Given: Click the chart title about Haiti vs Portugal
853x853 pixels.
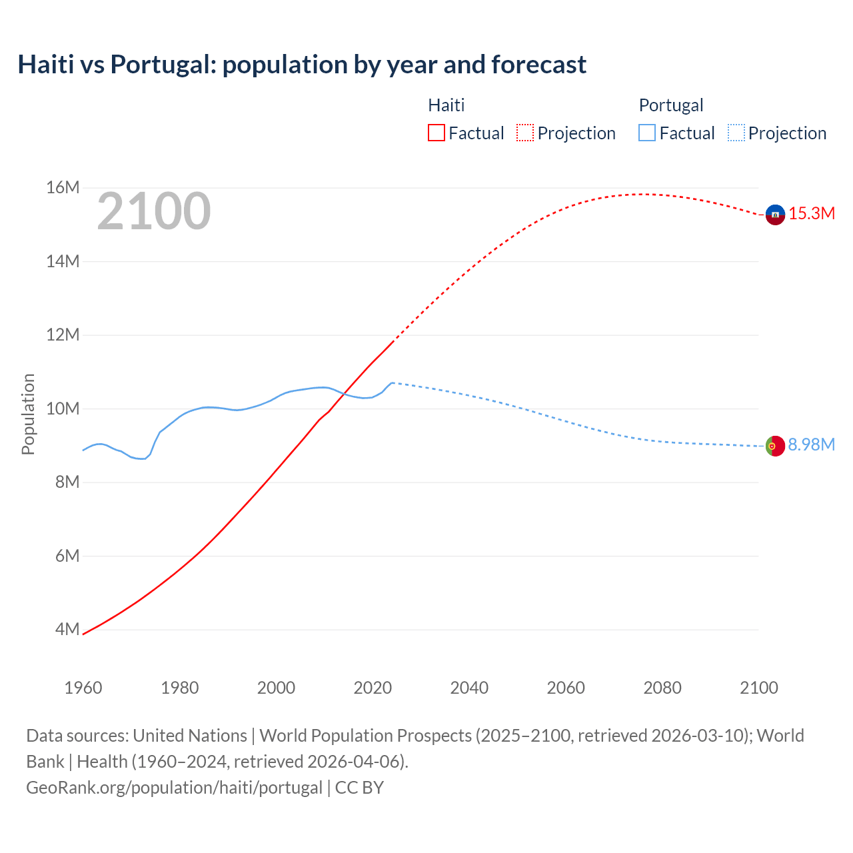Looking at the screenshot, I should [302, 65].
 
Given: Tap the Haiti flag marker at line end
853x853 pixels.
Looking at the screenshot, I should [775, 215].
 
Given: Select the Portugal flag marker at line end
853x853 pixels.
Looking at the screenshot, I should [775, 446].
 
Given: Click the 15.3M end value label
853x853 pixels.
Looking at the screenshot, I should [812, 214].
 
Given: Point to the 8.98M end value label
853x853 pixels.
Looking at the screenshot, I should [812, 445].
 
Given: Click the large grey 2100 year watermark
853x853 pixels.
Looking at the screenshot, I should [154, 211].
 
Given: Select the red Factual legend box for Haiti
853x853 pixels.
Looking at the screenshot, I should [436, 133].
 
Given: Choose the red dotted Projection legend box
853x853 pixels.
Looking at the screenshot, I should [525, 133].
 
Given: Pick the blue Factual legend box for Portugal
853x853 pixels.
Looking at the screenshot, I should [647, 133].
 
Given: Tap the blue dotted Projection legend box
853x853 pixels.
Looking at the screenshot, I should [736, 133].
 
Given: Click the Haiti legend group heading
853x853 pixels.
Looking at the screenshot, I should [446, 105].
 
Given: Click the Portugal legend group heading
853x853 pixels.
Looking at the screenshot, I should [671, 105].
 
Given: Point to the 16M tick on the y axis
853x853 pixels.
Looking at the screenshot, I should [63, 188].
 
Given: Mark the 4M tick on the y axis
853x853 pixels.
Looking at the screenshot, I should [67, 629].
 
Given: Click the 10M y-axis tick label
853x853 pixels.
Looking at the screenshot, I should [63, 409].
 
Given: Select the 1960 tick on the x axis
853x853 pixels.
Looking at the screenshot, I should [83, 688].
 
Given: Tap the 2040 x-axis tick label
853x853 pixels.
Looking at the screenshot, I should [469, 688].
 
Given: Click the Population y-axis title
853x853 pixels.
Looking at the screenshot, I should [28, 414].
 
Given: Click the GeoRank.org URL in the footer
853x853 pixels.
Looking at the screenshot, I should [174, 788].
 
